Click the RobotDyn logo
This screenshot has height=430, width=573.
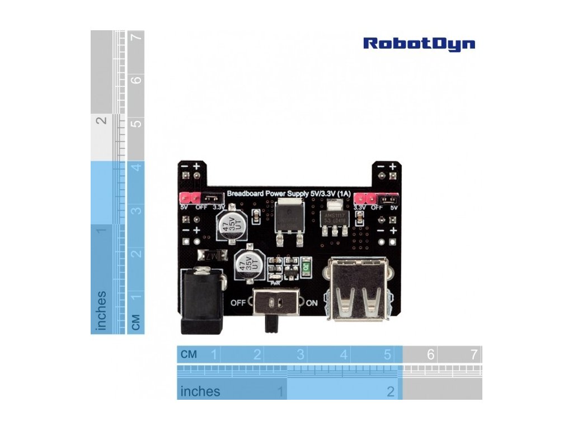(x=419, y=44)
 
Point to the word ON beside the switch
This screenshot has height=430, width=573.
(x=312, y=303)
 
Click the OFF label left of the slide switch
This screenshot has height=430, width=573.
(x=238, y=303)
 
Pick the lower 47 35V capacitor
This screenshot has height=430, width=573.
(x=248, y=265)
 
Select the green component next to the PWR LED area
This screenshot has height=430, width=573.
(x=306, y=268)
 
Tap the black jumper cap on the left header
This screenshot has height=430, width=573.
(x=210, y=198)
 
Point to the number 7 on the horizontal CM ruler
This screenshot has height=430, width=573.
(x=473, y=354)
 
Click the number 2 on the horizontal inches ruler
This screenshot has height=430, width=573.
(x=391, y=391)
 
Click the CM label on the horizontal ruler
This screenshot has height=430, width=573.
(x=188, y=354)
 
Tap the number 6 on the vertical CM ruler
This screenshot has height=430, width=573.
(x=136, y=80)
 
